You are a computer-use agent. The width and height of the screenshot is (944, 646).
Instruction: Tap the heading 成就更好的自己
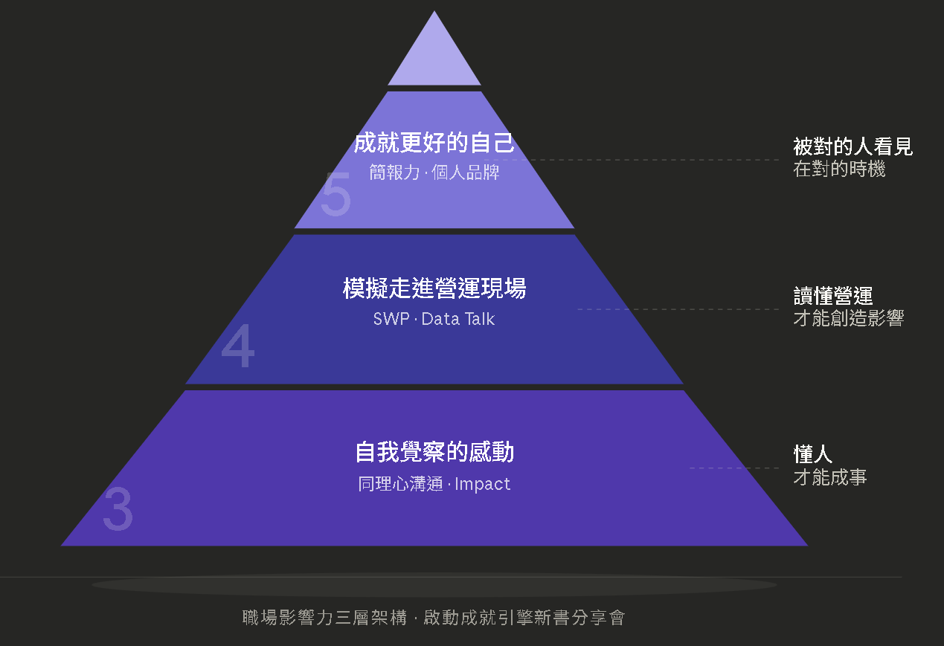point(434,143)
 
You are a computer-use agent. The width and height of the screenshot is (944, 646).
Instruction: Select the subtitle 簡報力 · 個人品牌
point(434,173)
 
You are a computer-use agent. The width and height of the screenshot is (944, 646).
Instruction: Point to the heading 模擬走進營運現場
point(434,288)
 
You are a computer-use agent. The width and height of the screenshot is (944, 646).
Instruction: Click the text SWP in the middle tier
point(391,320)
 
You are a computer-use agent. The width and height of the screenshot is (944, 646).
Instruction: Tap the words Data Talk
point(458,320)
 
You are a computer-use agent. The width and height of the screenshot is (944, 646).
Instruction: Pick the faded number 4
point(238,347)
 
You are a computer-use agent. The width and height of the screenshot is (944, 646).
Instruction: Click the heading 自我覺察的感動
point(434,452)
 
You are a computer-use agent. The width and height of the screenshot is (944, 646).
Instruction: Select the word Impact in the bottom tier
point(483,484)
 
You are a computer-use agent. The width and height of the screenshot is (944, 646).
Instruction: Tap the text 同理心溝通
point(400,484)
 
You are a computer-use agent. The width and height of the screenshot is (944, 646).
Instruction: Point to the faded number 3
point(118,510)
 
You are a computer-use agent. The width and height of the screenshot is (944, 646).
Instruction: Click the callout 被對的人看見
point(853,146)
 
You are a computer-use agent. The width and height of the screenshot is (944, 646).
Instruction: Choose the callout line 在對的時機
point(839,169)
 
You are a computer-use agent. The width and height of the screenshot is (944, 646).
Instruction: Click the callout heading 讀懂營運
point(832,296)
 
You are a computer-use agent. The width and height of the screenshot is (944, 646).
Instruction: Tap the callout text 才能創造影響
point(848,319)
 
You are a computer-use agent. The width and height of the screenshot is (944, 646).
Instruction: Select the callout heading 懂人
point(812,453)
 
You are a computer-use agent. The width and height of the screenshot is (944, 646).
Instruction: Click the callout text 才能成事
point(829,477)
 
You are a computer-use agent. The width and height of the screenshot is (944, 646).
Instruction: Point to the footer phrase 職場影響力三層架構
point(324,618)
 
